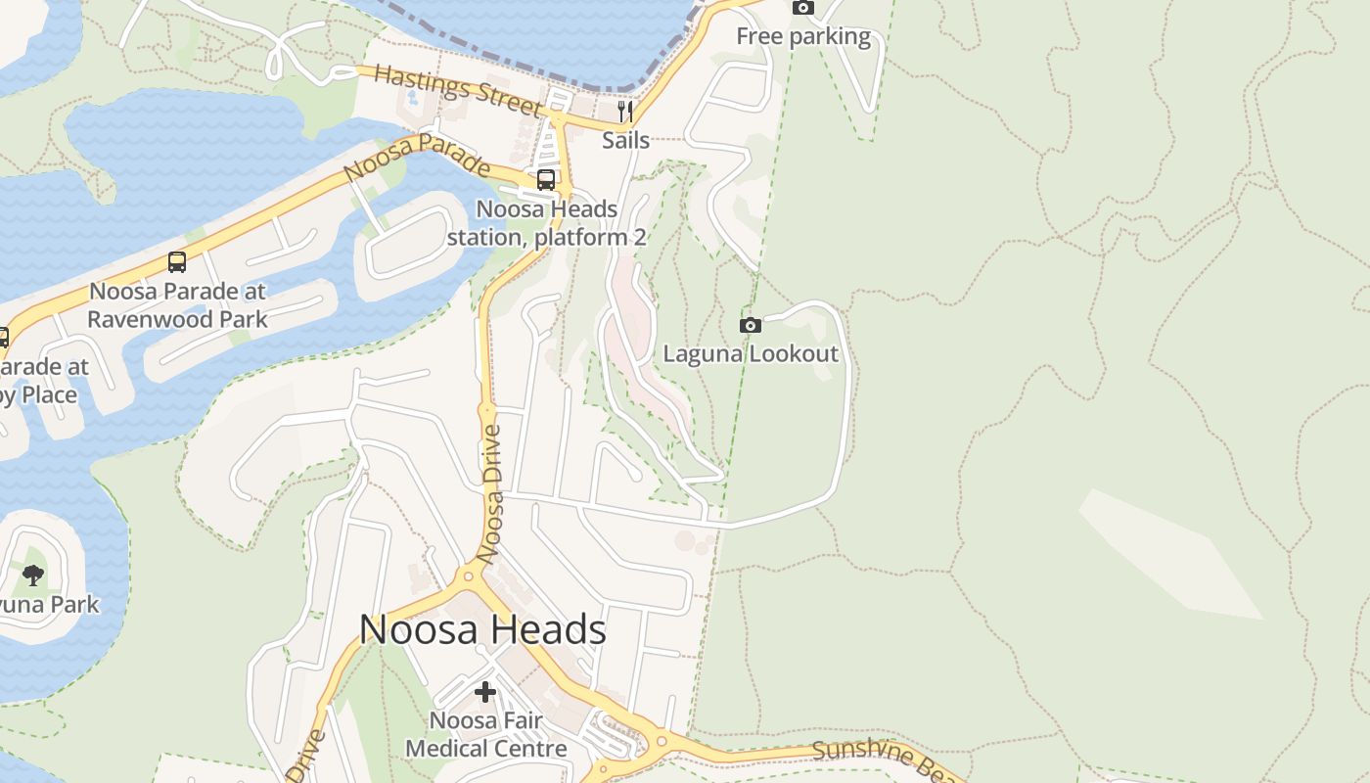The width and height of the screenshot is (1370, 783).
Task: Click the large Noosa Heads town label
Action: (x=482, y=629)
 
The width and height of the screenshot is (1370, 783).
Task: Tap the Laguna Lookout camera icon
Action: (x=751, y=325)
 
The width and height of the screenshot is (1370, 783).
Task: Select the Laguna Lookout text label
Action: (x=751, y=353)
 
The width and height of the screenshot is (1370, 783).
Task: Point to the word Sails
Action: (x=625, y=140)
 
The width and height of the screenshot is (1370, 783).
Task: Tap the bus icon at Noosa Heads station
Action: (x=546, y=180)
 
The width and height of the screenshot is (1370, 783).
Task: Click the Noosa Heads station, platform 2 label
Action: (x=547, y=223)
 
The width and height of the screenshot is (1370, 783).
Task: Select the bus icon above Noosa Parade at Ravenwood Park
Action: (x=177, y=262)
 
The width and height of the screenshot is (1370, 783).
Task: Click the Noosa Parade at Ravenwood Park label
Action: (x=177, y=305)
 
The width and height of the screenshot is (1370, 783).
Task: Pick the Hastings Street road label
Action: (x=458, y=91)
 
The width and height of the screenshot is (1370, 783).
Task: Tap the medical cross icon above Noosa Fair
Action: (x=485, y=692)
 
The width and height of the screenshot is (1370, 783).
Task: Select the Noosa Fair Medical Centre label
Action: (x=485, y=735)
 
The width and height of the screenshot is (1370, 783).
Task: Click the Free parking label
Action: (x=802, y=37)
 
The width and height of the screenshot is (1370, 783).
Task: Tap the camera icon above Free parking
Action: (x=802, y=8)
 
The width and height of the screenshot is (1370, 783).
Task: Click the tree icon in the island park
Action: (x=33, y=575)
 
